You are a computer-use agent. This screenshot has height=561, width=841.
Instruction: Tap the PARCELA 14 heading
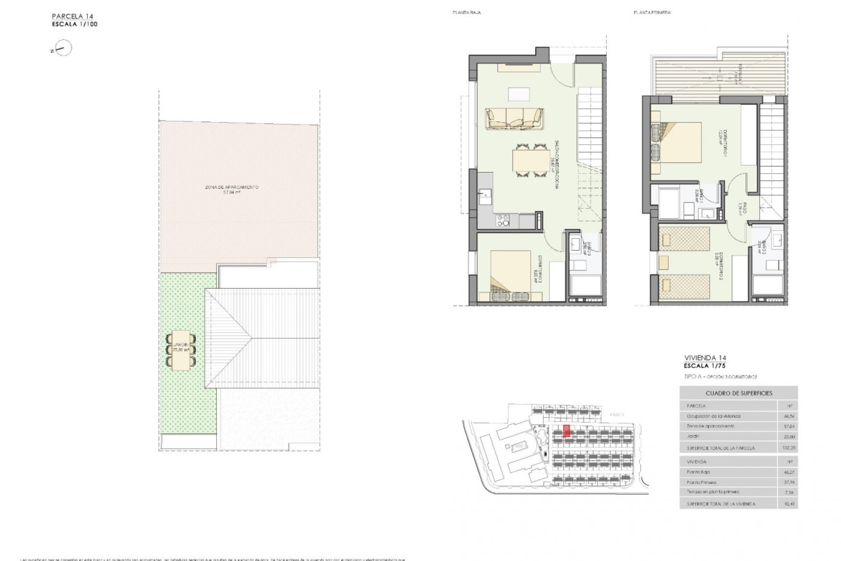coord(72,17)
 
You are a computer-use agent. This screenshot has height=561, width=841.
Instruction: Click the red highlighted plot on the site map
coord(566,431)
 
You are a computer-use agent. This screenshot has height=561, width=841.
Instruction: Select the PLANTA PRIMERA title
coord(652,13)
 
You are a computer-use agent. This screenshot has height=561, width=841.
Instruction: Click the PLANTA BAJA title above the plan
coord(466,13)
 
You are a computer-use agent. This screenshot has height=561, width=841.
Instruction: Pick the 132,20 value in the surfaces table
coord(788,448)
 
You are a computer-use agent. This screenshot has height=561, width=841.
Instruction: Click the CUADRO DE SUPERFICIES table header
coord(739,393)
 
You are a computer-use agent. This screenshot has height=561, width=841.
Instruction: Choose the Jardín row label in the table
coord(693,436)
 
